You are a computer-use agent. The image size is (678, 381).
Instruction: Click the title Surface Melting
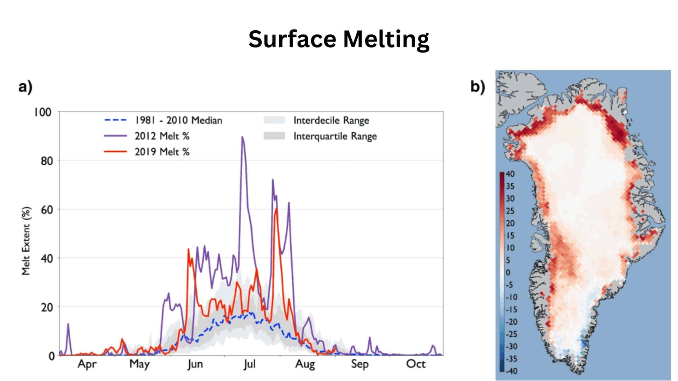point(339,39)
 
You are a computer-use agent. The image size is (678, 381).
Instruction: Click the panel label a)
point(25,86)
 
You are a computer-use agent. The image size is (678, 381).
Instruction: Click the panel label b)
point(477,86)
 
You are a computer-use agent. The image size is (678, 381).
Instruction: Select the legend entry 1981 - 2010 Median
point(178,120)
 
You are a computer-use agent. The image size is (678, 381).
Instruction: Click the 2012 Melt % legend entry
point(162,136)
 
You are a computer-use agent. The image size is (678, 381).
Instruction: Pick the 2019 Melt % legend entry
point(162,152)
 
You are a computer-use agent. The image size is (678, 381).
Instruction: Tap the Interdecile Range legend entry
point(331,120)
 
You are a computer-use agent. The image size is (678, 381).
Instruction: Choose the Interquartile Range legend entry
point(335,136)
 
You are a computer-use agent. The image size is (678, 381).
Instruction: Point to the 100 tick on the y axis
point(43,112)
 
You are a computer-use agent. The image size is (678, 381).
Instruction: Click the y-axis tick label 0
point(52,356)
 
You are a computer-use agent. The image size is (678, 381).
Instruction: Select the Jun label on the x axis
point(195,364)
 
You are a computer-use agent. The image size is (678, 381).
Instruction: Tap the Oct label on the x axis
point(416,364)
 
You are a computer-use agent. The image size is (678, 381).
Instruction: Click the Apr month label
point(87,364)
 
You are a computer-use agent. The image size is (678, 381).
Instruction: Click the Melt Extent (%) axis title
point(26,241)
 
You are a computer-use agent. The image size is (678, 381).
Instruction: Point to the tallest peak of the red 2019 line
point(276,208)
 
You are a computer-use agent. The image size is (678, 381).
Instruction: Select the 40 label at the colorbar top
point(510,174)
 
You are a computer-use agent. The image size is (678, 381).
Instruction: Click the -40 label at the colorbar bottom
point(511,371)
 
